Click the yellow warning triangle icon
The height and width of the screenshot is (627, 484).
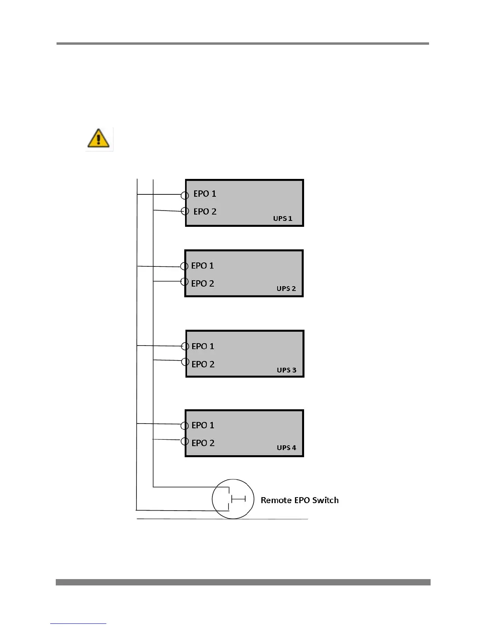pos(98,138)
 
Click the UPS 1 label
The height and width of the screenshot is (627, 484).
pos(282,218)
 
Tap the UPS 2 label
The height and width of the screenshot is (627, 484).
pos(286,289)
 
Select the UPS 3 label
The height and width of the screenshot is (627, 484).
pos(286,370)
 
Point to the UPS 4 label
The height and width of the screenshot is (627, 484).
pos(286,448)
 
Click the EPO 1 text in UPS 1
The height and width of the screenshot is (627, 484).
pos(204,194)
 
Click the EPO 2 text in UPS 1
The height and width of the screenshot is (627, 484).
pos(205,211)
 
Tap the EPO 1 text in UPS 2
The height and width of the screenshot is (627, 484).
pos(202,266)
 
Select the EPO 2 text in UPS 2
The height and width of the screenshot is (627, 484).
pos(202,283)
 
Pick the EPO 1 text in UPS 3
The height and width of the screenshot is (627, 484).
pos(203,346)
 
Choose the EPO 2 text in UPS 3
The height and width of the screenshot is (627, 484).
pos(203,364)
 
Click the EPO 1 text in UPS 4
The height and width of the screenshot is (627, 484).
pos(203,425)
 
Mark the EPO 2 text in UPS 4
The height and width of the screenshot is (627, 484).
pos(203,443)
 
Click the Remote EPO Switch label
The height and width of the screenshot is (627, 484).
pos(299,500)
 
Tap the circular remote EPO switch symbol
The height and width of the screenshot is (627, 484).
pos(233,499)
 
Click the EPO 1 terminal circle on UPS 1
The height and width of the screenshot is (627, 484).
pos(185,195)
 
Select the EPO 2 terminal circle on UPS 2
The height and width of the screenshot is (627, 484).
pos(184,282)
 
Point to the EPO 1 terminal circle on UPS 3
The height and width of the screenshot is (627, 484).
pos(185,346)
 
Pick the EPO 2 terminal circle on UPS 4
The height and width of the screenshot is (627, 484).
pos(185,441)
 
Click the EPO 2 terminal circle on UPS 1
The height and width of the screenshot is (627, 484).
pos(185,211)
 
